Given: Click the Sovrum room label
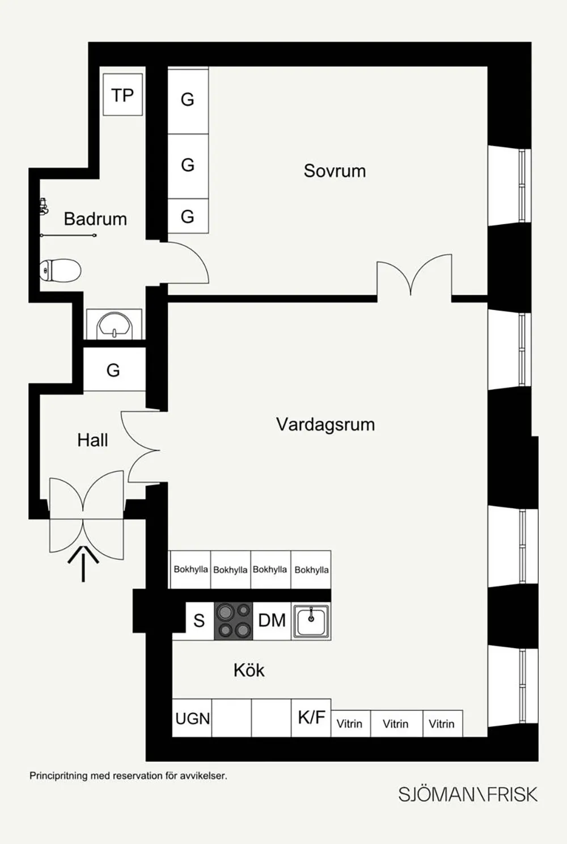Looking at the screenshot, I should pos(335,171).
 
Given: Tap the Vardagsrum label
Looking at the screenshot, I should pos(325,424).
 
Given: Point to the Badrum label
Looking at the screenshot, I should pos(95,219).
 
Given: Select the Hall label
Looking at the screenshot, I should pos(92,440).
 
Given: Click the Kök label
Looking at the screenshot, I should pos(249,670).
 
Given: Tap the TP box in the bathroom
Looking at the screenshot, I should pos(122,95).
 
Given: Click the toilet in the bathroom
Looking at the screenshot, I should pos(60,270).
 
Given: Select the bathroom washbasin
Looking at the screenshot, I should pos(114,325).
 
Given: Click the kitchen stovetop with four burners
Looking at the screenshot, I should pos(234,621).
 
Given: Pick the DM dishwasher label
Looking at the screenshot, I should pos(272,621).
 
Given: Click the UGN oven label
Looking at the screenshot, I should pos(192,719).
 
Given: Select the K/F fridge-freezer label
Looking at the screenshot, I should pos(311,718).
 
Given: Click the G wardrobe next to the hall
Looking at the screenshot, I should pos(113,370).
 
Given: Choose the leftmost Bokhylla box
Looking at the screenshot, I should pos(191,569).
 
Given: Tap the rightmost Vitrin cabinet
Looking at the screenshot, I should pos(442,724).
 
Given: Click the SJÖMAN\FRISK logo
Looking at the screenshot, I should pos(467,794).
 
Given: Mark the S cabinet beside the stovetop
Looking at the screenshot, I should pos(199,621).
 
